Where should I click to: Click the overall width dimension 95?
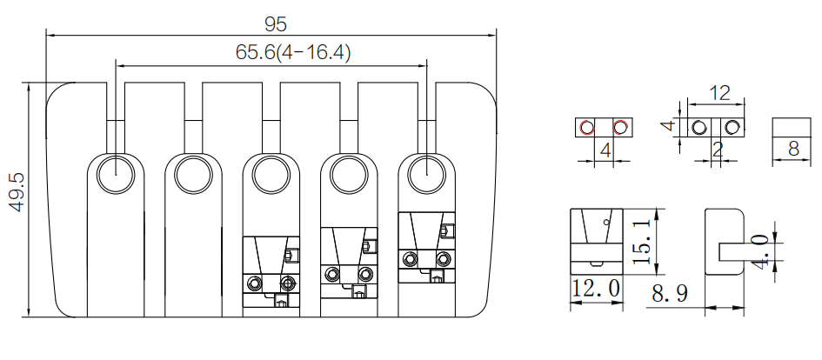pyautogui.click(x=275, y=24)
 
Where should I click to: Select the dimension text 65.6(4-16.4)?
pyautogui.click(x=293, y=52)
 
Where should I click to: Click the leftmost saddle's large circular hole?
pyautogui.click(x=116, y=174)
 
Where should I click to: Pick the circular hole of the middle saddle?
pyautogui.click(x=271, y=174)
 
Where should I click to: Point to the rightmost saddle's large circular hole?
pyautogui.click(x=427, y=174)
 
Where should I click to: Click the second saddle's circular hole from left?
pyautogui.click(x=193, y=174)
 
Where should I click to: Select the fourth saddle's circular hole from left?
pyautogui.click(x=349, y=174)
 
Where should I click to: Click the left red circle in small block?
pyautogui.click(x=587, y=127)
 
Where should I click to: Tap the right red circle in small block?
pyautogui.click(x=621, y=127)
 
